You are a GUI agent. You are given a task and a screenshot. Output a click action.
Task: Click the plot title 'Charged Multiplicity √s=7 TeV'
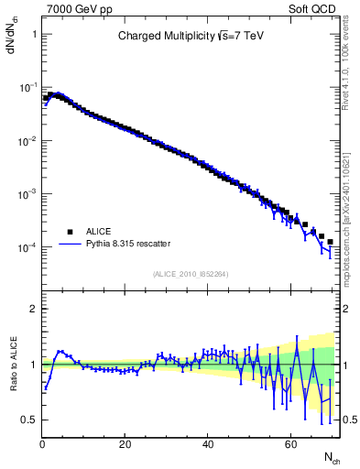pyautogui.click(x=190, y=38)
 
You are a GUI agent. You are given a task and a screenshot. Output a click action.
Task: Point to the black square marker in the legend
pyautogui.click(x=68, y=232)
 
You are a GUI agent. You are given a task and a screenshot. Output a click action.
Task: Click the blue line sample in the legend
pyautogui.click(x=68, y=244)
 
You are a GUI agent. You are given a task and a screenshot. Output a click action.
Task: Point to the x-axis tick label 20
pyautogui.click(x=125, y=444)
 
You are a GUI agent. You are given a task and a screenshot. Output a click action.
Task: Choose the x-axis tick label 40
pyautogui.click(x=208, y=444)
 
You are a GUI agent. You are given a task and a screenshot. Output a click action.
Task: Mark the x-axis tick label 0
pyautogui.click(x=42, y=444)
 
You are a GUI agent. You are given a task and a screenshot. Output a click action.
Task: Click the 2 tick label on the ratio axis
pyautogui.click(x=33, y=309)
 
